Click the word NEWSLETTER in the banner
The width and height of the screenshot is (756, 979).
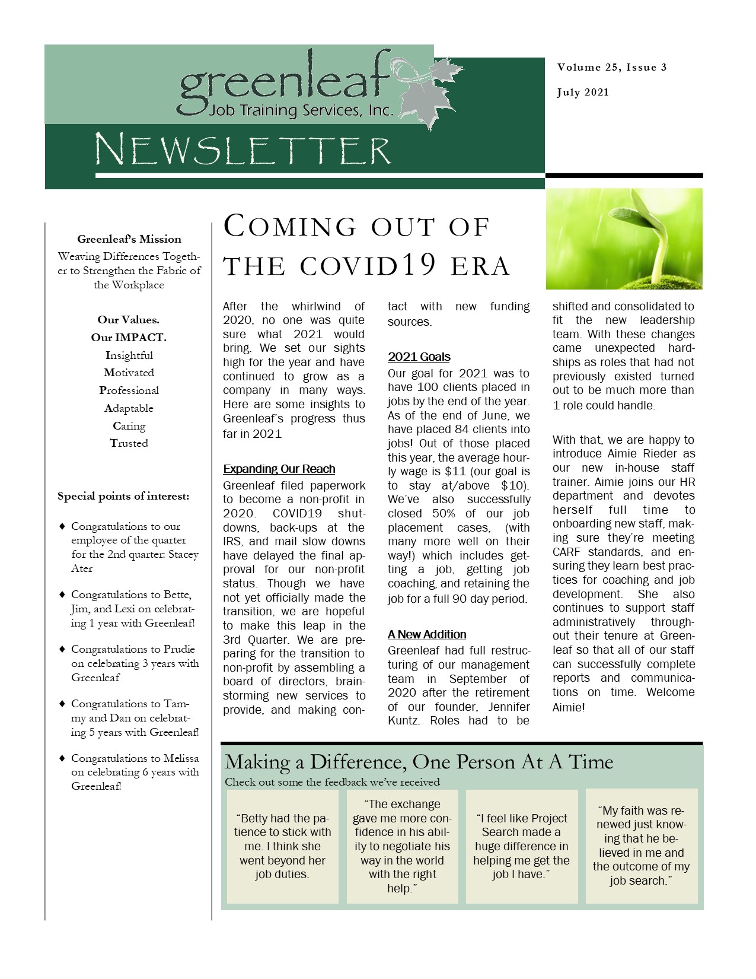(243, 150)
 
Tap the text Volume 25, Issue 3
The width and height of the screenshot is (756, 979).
(611, 68)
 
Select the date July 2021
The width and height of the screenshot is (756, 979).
(582, 93)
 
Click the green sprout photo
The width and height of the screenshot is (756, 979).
(624, 239)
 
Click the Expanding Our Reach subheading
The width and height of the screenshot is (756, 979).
(279, 469)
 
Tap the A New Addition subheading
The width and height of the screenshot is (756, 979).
(427, 634)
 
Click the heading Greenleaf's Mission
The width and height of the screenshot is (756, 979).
(129, 240)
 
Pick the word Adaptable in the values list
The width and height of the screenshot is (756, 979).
(129, 408)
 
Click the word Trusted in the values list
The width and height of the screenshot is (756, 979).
(129, 443)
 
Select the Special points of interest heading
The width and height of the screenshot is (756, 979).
(123, 496)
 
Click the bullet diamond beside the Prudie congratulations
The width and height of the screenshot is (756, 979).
(62, 649)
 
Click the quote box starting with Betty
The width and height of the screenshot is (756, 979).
(282, 846)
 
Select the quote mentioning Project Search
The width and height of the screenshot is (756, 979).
(521, 846)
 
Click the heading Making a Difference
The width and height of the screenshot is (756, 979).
(419, 762)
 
